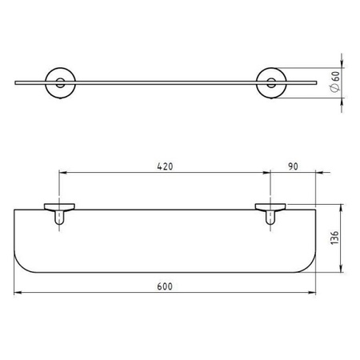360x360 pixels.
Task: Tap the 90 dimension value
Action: pos(292,166)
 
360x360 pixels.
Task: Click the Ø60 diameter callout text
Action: pos(337,81)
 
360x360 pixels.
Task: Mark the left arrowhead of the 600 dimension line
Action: pos(18,293)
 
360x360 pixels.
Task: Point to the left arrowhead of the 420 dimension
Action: pos(62,173)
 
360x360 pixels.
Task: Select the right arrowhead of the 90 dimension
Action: pos(316,173)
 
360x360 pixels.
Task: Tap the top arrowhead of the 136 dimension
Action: pos(344,205)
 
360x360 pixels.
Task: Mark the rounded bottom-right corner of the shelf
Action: pos(310,264)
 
